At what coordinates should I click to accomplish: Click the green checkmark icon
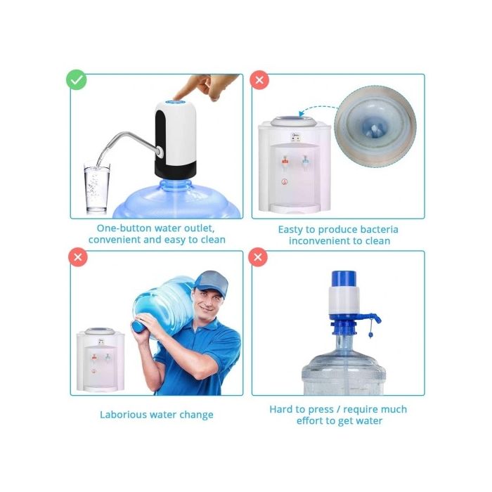(x=77, y=80)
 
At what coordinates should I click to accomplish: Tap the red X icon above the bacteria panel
(x=260, y=80)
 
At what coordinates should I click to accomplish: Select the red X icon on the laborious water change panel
(x=77, y=257)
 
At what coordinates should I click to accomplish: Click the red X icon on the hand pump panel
(x=260, y=257)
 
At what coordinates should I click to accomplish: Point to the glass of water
(x=96, y=188)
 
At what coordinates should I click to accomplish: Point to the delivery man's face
(x=208, y=303)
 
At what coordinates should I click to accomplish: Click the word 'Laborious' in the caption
(x=124, y=414)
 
